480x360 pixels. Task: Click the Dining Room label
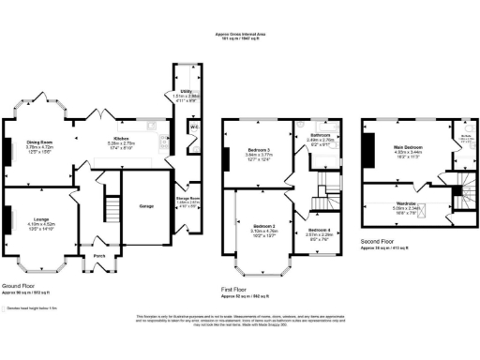[x=40, y=142]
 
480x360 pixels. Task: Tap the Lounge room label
[x=39, y=218]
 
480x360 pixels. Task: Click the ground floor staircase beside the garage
[x=112, y=207]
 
